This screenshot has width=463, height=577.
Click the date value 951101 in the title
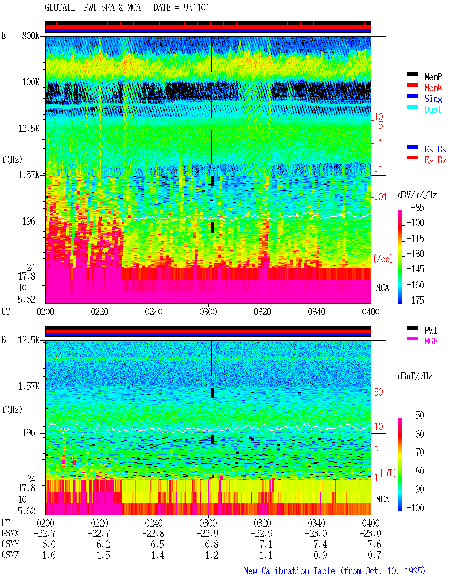196,8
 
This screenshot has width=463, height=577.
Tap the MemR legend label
433,77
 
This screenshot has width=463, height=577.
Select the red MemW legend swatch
412,85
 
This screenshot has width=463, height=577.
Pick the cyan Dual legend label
433,109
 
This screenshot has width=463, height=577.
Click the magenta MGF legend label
431,341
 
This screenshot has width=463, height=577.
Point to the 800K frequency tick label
31,35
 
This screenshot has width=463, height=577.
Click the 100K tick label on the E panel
31,82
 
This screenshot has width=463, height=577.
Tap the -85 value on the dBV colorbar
417,207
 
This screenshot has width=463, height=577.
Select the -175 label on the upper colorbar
415,300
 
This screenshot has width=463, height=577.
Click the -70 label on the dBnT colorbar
417,452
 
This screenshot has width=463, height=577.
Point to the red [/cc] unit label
383,259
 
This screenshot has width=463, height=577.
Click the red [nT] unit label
388,473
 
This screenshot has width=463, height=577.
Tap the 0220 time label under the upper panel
99,312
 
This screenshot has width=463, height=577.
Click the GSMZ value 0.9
320,555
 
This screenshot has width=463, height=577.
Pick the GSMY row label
10,544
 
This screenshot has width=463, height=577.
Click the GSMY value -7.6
372,544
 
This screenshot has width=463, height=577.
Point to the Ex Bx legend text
436,149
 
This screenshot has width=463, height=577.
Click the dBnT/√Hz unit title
415,376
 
